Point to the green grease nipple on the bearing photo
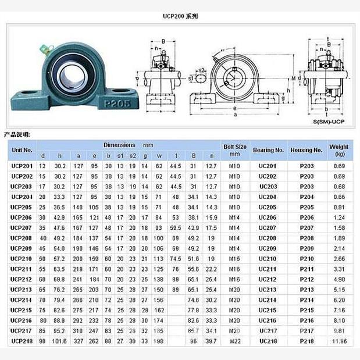point(43,48)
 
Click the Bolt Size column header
point(235,150)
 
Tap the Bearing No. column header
point(268,150)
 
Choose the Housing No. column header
point(306,150)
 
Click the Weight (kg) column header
point(339,150)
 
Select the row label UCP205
point(22,207)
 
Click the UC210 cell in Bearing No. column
point(268,258)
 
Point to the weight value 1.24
point(339,218)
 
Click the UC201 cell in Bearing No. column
point(268,166)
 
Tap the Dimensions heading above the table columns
point(120,145)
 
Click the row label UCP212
point(22,279)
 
